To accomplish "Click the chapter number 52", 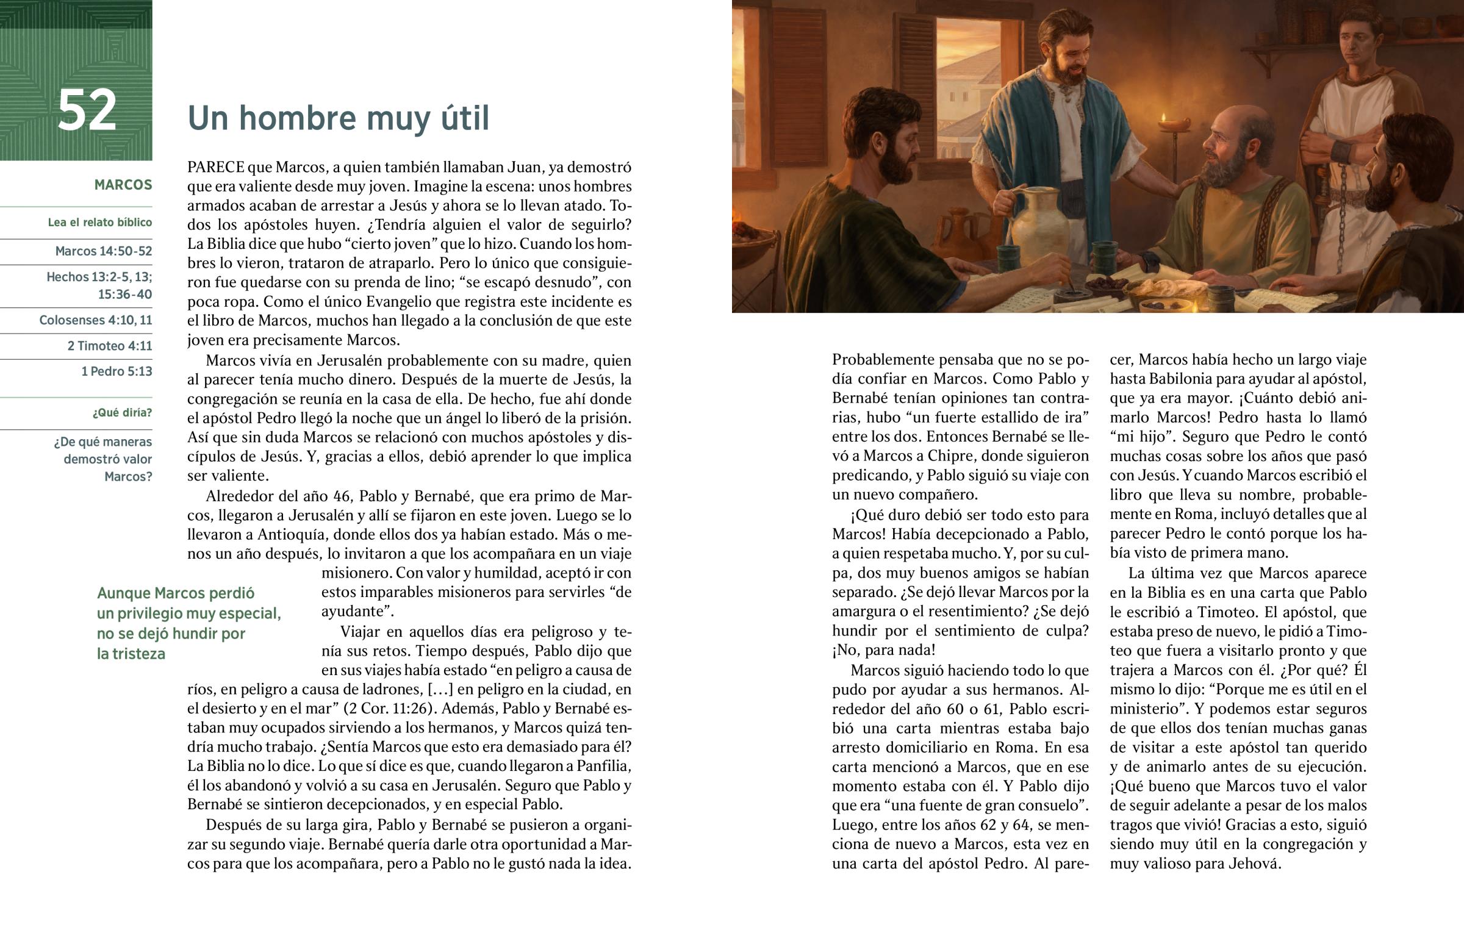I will [87, 110].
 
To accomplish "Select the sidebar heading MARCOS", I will [123, 185].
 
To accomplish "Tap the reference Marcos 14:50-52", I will [103, 251].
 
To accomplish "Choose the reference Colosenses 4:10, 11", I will [95, 320].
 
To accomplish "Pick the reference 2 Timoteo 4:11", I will [109, 346].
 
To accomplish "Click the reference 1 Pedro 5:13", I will [116, 371].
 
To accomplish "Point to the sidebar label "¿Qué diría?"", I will [122, 412].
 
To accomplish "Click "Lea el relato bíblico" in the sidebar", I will [99, 223].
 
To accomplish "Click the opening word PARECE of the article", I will [216, 167].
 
